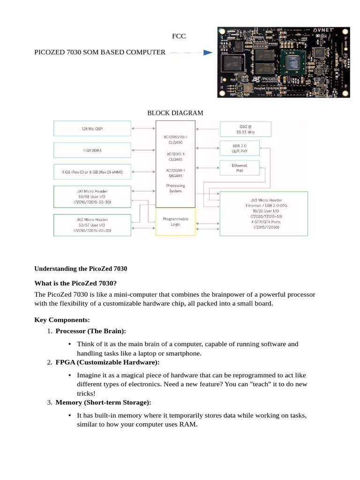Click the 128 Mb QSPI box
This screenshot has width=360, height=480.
click(x=92, y=128)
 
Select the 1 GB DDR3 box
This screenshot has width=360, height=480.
click(x=92, y=150)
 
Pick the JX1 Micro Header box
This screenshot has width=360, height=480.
click(x=92, y=197)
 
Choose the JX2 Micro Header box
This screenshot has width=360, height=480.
click(x=92, y=225)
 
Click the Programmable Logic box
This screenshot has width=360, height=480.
click(x=175, y=222)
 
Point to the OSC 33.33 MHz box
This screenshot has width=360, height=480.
click(x=246, y=129)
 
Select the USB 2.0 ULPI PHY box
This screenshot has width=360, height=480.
click(x=239, y=148)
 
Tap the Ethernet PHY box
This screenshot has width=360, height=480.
click(x=239, y=168)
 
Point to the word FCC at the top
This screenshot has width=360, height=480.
click(x=179, y=36)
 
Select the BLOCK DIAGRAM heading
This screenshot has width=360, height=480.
click(x=175, y=113)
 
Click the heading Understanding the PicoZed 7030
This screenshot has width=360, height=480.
click(x=81, y=269)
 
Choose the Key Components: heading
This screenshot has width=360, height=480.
click(x=62, y=320)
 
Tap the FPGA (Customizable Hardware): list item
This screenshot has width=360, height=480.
click(x=107, y=362)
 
